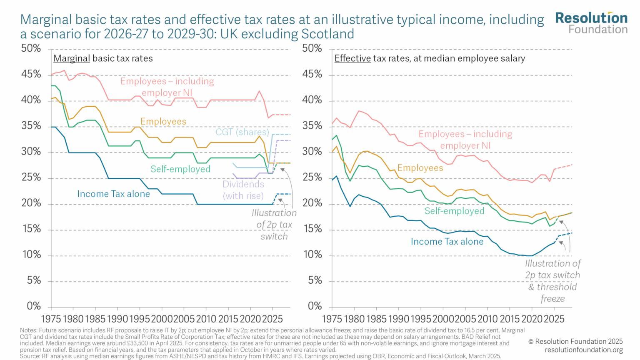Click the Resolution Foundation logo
pos(591,23)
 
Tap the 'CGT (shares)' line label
pos(242,132)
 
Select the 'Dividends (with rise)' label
pos(243,190)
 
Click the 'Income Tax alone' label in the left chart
pos(113,194)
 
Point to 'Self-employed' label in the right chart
pos(454,211)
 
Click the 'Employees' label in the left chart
pos(163,122)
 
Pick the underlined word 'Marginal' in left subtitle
pos(72,59)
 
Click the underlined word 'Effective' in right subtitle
pos(352,59)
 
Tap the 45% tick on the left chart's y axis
pos(31,74)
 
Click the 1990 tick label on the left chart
pos(117,319)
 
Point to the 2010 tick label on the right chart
pos(487,319)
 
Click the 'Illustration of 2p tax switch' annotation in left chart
pos(274,225)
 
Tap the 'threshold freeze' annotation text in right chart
pos(552,292)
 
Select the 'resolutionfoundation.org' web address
pos(584,350)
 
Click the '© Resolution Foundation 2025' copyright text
pos(575,341)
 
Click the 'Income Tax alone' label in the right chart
pos(447,242)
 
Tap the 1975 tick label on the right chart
pos(332,319)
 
